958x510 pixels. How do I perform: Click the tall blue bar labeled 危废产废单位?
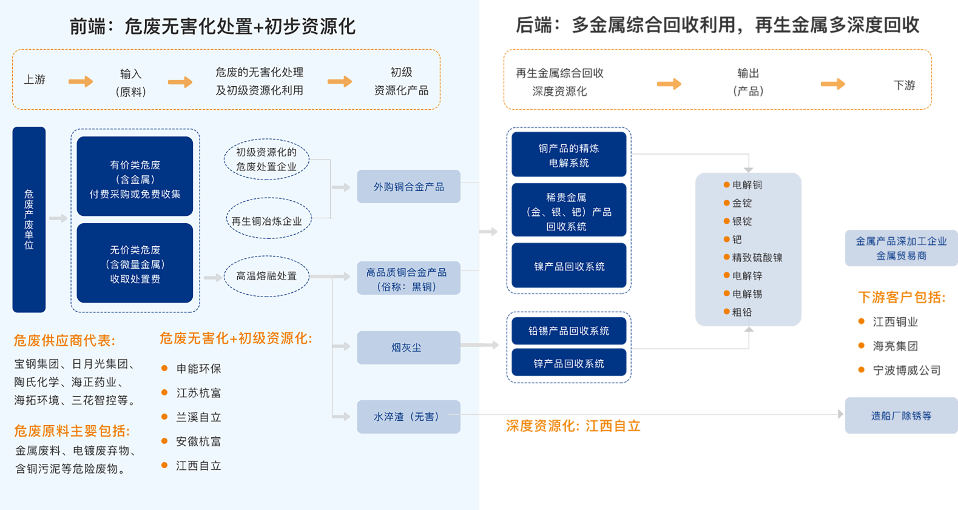click(29, 220)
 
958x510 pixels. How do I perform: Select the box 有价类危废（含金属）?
click(135, 176)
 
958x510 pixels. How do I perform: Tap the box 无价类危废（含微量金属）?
click(135, 263)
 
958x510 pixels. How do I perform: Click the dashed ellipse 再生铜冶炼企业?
click(267, 221)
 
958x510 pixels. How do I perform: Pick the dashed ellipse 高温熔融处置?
click(266, 276)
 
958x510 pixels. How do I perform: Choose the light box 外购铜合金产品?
click(408, 187)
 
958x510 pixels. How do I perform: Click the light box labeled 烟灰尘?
click(408, 347)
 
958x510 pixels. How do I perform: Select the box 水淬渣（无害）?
click(408, 417)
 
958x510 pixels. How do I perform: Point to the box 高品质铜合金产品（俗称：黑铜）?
click(408, 279)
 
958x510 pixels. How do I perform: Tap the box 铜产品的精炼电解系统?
click(568, 155)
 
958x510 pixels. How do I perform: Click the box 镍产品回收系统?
click(568, 266)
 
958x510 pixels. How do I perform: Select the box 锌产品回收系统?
click(568, 363)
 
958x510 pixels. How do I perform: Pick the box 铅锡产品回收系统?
click(568, 330)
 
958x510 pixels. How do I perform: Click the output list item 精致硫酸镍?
click(757, 258)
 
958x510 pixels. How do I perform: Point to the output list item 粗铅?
click(741, 312)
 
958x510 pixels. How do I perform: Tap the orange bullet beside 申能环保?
click(164, 368)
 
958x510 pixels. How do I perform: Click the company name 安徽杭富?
click(198, 441)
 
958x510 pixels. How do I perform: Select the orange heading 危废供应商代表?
click(64, 341)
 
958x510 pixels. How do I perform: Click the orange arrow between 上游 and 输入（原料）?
click(81, 81)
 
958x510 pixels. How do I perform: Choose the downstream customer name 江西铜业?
click(895, 322)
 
